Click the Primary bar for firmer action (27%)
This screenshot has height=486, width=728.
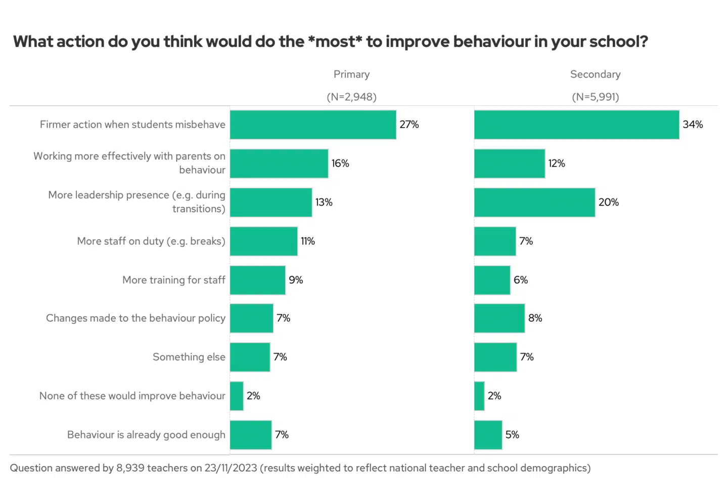coord(313,125)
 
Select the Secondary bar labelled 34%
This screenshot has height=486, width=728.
coord(576,125)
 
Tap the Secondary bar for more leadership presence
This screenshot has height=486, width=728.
coord(534,202)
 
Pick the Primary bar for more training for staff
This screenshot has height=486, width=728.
coord(258,280)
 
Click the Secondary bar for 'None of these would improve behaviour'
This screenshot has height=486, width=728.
coord(479,396)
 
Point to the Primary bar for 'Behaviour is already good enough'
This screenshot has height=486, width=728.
coord(251,435)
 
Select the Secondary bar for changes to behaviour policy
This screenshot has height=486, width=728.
coord(499,318)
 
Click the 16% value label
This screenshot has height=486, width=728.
coord(340,164)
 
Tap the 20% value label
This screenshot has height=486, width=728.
coord(609,202)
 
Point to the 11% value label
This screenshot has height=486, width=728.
coord(308,241)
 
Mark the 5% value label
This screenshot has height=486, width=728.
coord(512,435)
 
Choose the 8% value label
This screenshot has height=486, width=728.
coord(535,318)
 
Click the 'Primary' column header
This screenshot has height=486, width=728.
coord(351,74)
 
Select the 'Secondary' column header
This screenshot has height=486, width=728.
coord(595,74)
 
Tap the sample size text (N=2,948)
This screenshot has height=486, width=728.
coord(351,97)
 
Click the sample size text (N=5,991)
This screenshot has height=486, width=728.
coord(595,97)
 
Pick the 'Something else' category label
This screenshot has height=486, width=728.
coord(189,357)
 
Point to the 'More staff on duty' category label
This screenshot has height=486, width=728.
coord(151,241)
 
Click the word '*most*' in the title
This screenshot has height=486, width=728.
coord(335,42)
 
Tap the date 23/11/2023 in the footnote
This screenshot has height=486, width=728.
coord(231,468)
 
